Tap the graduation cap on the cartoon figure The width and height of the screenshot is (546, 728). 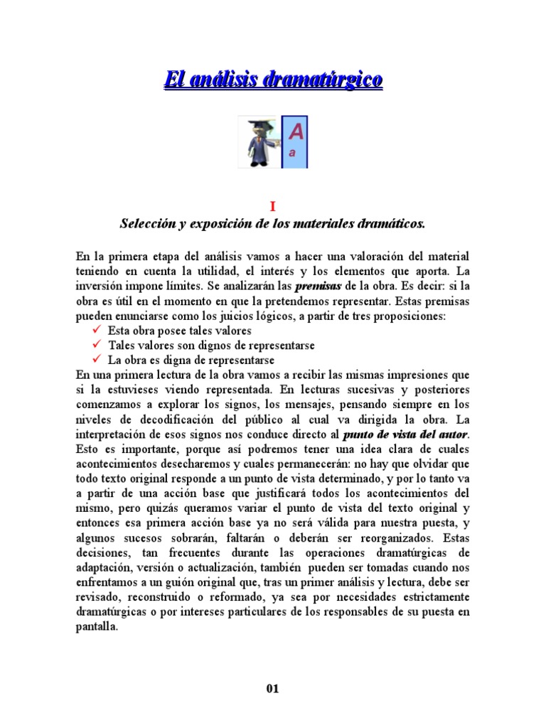pos(255,126)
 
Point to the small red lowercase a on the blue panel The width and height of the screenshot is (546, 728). pos(292,154)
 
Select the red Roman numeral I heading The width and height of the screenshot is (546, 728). pos(272,206)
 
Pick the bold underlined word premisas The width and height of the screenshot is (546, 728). pos(318,286)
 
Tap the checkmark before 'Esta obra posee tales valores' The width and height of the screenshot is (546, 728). pos(96,331)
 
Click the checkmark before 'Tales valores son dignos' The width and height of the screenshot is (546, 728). pos(96,345)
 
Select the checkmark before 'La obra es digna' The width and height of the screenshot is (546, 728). pos(96,359)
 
